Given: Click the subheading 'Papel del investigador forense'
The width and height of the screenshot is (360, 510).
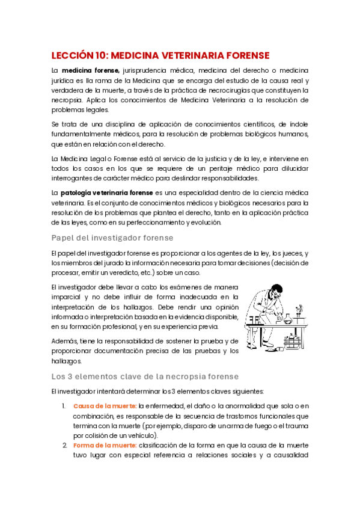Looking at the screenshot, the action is pyautogui.click(x=112, y=238).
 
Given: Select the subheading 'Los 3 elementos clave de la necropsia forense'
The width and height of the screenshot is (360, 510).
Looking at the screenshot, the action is pyautogui.click(x=145, y=376).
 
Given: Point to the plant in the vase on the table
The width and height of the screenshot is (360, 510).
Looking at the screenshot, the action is pyautogui.click(x=299, y=312).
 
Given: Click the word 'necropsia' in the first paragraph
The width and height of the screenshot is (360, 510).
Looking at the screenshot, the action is pyautogui.click(x=66, y=100).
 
